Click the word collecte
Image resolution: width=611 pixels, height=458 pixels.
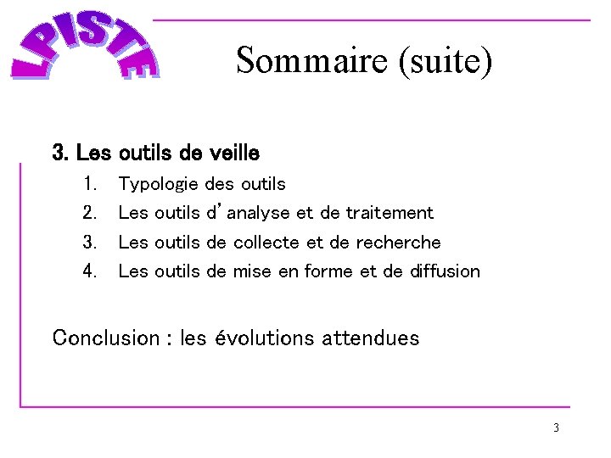click(266, 243)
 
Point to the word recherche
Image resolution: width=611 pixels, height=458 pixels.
click(399, 243)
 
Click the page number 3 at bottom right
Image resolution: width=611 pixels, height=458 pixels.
click(556, 427)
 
